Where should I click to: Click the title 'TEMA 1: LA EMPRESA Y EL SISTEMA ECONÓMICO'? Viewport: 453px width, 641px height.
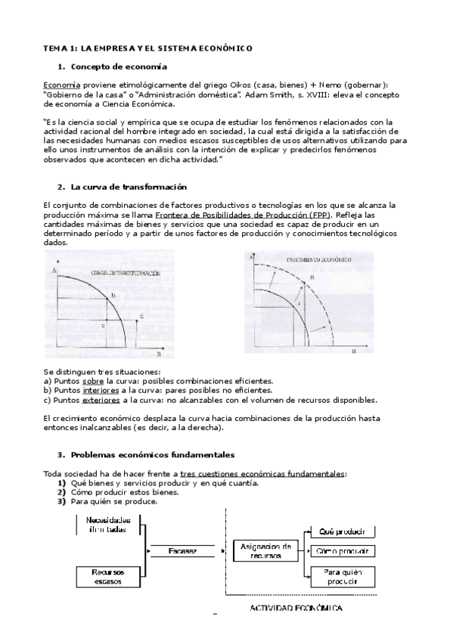(147, 48)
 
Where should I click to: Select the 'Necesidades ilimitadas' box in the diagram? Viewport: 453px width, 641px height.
(108, 525)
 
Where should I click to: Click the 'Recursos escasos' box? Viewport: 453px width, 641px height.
(108, 575)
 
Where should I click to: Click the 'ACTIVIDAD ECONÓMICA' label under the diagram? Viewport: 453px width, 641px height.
(296, 608)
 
